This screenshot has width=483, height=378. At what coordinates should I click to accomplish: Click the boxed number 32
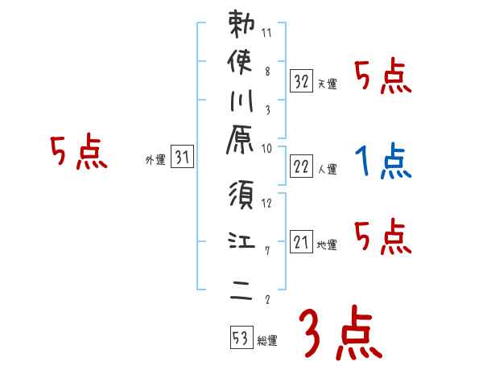click(x=301, y=81)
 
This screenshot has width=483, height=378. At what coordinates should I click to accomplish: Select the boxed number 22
click(x=301, y=166)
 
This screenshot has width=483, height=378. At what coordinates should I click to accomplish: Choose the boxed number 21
click(x=301, y=242)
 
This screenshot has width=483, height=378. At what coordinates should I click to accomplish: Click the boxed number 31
click(x=182, y=158)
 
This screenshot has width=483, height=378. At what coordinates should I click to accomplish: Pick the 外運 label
click(x=155, y=160)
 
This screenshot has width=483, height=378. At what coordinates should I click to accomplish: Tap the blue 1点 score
click(x=382, y=162)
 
